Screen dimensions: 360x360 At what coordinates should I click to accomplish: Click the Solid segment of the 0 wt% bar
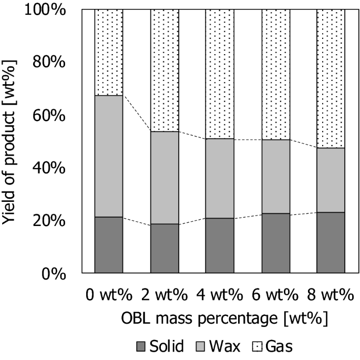109,245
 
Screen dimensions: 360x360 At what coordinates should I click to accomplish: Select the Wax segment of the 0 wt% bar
109,156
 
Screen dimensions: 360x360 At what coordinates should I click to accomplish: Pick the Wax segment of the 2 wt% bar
164,178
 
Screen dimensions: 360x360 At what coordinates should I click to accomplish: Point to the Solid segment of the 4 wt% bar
220,245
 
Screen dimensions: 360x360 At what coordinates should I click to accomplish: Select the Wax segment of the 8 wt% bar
331,180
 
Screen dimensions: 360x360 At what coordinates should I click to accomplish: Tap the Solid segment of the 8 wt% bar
331,243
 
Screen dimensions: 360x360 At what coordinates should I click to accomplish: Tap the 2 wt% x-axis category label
164,295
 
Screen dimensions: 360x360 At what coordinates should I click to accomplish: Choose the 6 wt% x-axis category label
275,295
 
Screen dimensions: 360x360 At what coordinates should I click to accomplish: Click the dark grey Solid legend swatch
140,346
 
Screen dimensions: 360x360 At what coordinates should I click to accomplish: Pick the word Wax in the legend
220,346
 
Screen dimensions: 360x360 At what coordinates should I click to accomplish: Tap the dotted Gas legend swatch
258,346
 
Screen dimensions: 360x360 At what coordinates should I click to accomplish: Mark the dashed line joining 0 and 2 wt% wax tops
137,114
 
